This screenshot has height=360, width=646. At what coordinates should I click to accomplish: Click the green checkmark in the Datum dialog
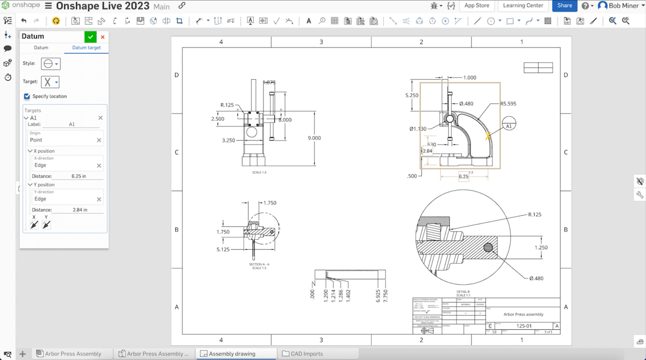pyautogui.click(x=90, y=37)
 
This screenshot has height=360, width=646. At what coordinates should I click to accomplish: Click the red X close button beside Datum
pyautogui.click(x=103, y=37)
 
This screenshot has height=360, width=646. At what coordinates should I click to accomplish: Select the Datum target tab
pyautogui.click(x=86, y=48)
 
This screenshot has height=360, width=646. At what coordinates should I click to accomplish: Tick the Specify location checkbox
pyautogui.click(x=27, y=96)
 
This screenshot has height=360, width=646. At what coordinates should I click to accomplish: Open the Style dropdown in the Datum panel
pyautogui.click(x=51, y=64)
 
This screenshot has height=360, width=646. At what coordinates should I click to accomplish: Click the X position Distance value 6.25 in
pyautogui.click(x=79, y=176)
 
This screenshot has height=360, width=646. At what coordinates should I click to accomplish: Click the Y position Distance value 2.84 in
pyautogui.click(x=80, y=210)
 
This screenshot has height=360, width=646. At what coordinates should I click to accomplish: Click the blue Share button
pyautogui.click(x=564, y=6)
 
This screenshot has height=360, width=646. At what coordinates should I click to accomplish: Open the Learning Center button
pyautogui.click(x=523, y=6)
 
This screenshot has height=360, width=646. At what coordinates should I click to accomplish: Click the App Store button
pyautogui.click(x=476, y=6)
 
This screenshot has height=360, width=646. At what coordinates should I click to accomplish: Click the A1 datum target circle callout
pyautogui.click(x=509, y=123)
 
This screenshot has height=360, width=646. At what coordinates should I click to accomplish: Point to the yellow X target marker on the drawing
pyautogui.click(x=488, y=136)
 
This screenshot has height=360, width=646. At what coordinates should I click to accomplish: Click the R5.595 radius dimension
pyautogui.click(x=508, y=104)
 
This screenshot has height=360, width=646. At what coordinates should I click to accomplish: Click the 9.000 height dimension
pyautogui.click(x=314, y=138)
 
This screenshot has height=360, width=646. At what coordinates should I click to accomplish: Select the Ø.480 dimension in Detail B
pyautogui.click(x=536, y=278)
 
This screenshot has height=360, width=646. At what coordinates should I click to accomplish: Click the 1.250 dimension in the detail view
pyautogui.click(x=541, y=247)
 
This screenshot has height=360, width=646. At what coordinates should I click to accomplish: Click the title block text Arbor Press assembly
pyautogui.click(x=523, y=314)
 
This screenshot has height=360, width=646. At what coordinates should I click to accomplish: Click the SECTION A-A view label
pyautogui.click(x=259, y=264)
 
